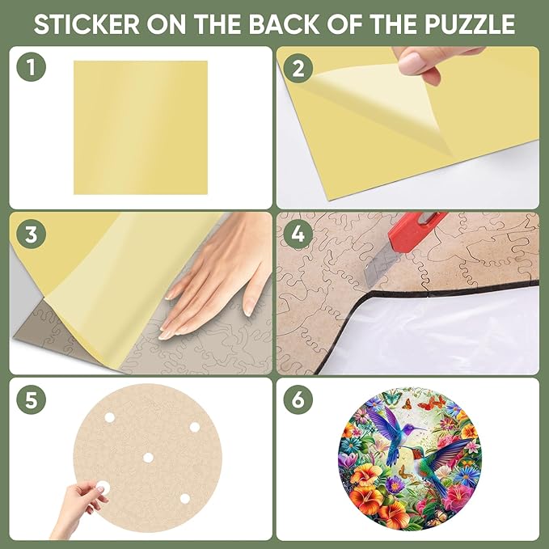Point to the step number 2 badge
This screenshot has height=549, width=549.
[x=298, y=68]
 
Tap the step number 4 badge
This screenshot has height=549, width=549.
[x=298, y=234]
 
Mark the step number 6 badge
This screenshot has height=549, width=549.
[x=298, y=399]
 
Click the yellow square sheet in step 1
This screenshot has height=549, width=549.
[x=140, y=127]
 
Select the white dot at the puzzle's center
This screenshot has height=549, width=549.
[x=148, y=458]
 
